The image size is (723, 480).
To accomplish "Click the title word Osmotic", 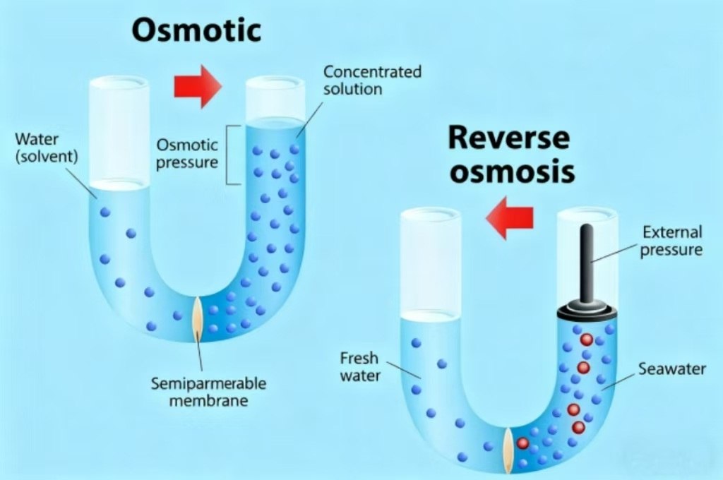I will [196, 31].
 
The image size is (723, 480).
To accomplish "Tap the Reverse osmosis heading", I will [508, 154].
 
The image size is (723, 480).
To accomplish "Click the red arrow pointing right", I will [198, 86].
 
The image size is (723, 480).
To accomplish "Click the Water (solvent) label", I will [46, 147].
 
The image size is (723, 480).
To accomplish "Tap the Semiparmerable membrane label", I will [208, 392].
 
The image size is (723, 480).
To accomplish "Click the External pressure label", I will [671, 241].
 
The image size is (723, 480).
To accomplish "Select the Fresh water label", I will [359, 366].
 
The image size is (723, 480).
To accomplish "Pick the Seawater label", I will [671, 368].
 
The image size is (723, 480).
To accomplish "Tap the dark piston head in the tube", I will [587, 311].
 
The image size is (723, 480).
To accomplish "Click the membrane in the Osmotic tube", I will [198, 320].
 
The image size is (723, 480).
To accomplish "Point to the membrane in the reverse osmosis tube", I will [508, 449].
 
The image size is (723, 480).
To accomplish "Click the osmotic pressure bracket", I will [229, 155].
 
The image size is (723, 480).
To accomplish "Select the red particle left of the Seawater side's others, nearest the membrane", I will [522, 443].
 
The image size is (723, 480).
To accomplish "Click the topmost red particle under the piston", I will [586, 340].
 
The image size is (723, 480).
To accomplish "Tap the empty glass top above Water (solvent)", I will [119, 131].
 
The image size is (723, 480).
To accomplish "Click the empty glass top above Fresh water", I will [430, 261].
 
